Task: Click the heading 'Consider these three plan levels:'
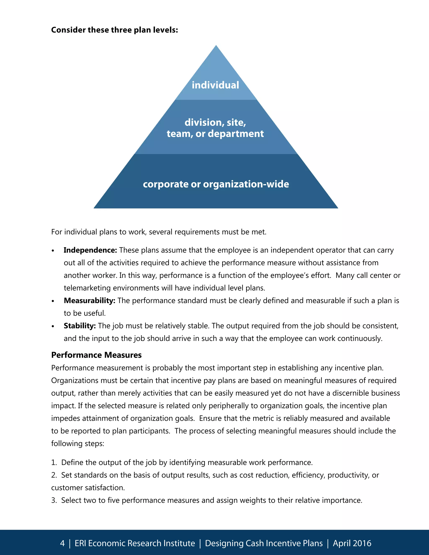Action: pyautogui.click(x=114, y=30)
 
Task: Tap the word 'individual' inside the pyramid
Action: pyautogui.click(x=215, y=85)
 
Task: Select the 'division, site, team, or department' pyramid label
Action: pyautogui.click(x=215, y=128)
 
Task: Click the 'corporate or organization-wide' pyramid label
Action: pyautogui.click(x=216, y=184)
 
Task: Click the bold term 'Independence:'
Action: pyautogui.click(x=90, y=250)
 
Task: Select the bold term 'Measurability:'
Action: pyautogui.click(x=89, y=301)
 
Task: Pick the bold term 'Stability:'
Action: pyautogui.click(x=80, y=326)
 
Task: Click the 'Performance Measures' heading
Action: pyautogui.click(x=96, y=355)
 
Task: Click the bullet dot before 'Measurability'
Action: pyautogui.click(x=53, y=301)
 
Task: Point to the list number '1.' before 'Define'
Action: pyautogui.click(x=54, y=462)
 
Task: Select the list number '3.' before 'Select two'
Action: pyautogui.click(x=54, y=500)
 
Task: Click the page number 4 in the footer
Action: pyautogui.click(x=62, y=543)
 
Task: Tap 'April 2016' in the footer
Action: pyautogui.click(x=352, y=543)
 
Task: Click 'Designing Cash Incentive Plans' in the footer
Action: pyautogui.click(x=264, y=543)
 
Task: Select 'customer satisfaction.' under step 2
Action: pyautogui.click(x=88, y=488)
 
